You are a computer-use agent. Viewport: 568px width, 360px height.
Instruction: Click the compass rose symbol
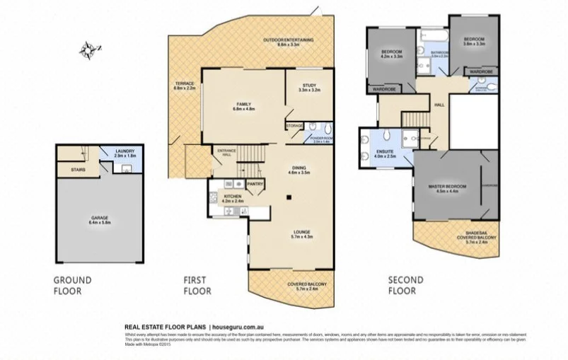pyautogui.click(x=88, y=50)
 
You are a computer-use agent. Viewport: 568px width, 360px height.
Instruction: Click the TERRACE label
pyautogui.click(x=184, y=86)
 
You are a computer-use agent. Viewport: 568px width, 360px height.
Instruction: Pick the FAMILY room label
pyautogui.click(x=244, y=105)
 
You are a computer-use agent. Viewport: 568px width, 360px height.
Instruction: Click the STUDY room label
pyautogui.click(x=308, y=86)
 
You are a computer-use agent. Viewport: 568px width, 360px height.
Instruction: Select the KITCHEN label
pyautogui.click(x=233, y=197)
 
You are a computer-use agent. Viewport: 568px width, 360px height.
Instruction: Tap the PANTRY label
pyautogui.click(x=255, y=183)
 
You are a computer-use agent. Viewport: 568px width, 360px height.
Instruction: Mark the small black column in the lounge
pyautogui.click(x=286, y=199)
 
